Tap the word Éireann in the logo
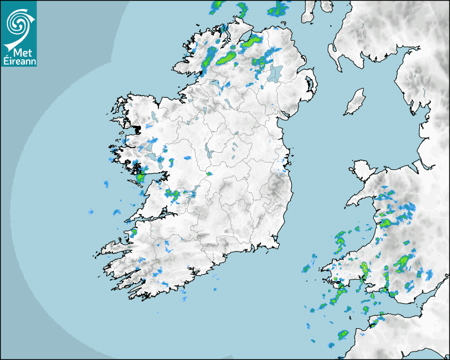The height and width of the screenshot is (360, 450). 18,61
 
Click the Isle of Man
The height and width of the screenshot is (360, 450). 355,102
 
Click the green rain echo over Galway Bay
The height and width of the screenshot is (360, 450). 140,178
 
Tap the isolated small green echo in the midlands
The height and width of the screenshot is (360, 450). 209,173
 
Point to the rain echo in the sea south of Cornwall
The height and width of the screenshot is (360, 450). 342,335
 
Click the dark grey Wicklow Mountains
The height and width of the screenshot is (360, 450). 275,186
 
